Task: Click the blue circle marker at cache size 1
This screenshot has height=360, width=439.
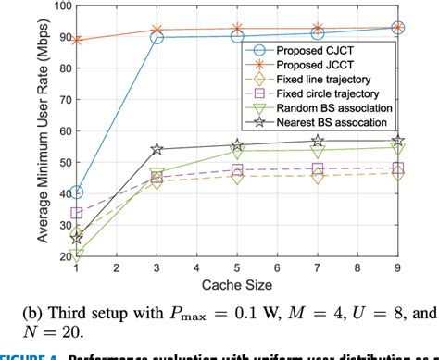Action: (76, 192)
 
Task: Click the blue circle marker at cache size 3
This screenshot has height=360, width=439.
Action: (157, 38)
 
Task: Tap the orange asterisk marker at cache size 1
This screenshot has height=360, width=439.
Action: (76, 41)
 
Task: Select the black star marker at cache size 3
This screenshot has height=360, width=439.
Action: (157, 149)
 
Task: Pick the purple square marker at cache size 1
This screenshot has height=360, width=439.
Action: (76, 213)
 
